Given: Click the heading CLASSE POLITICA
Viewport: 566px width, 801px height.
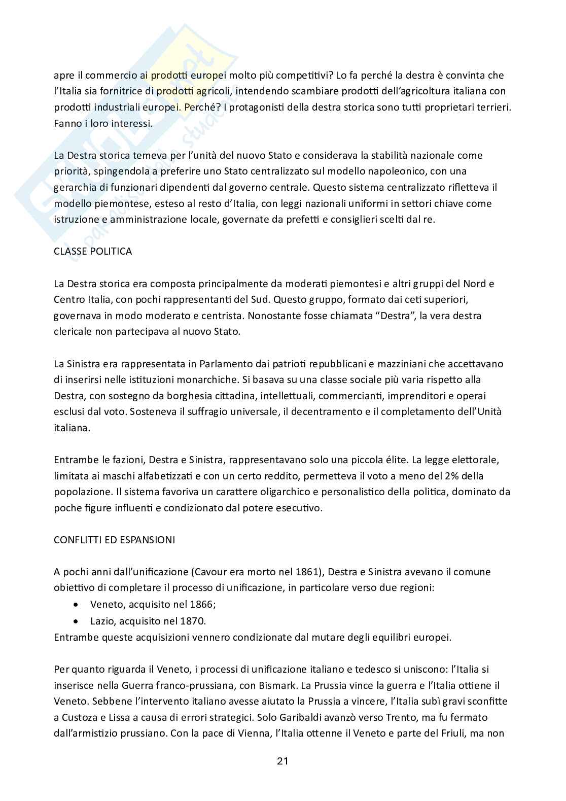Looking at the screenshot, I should point(93,252).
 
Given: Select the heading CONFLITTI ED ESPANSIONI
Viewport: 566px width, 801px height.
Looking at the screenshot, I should point(114,540).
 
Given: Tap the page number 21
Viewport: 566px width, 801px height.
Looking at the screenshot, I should point(282,761).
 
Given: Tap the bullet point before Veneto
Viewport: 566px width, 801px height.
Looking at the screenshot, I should point(76,605).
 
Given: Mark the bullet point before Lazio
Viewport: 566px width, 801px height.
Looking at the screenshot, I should point(76,621).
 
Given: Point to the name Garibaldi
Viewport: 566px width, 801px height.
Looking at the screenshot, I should point(301,718).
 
